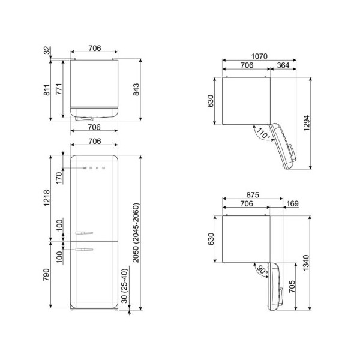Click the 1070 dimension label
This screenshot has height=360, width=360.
[x=259, y=56]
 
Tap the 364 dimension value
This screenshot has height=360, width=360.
[x=283, y=65]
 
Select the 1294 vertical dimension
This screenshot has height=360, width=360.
[x=307, y=123]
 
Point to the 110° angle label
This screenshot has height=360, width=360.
[x=263, y=133]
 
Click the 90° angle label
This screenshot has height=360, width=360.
[x=262, y=270]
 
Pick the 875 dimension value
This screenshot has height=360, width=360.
[x=253, y=195]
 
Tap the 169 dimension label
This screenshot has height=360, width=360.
[x=292, y=203]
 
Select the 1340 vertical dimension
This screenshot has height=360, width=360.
[x=307, y=263]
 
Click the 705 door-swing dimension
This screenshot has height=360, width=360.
[x=292, y=286]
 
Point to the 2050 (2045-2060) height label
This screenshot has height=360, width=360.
[x=136, y=233]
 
